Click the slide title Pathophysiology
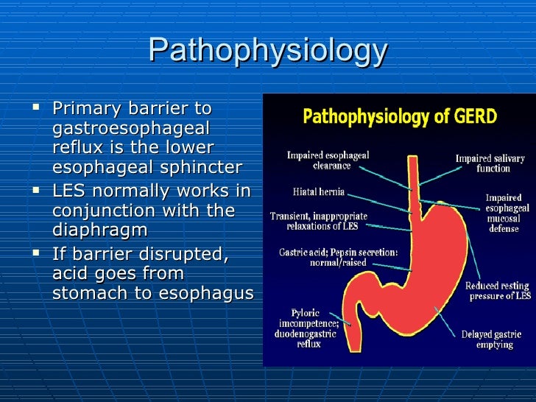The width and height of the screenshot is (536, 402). (267, 51)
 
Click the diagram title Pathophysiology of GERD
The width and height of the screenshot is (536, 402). (400, 116)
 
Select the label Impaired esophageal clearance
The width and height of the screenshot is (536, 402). (328, 161)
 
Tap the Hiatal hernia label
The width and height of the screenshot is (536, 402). (319, 192)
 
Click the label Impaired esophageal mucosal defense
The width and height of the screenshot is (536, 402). (504, 213)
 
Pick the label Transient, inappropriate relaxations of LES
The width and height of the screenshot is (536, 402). (318, 221)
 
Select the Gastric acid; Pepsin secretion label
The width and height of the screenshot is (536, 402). (338, 257)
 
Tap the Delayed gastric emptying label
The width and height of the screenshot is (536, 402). (487, 339)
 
